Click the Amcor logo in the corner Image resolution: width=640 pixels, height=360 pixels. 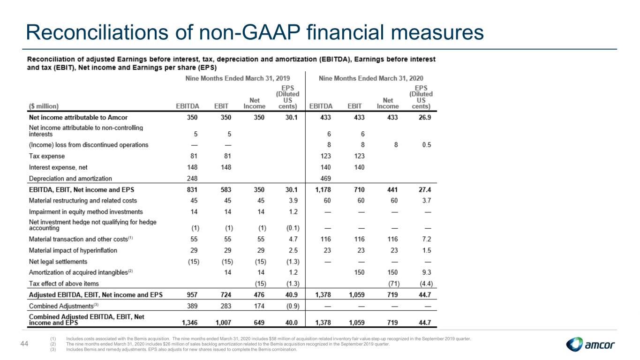tap(590, 345)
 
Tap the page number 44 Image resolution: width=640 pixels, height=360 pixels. tap(24, 344)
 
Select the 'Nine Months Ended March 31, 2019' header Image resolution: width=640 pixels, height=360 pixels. tap(237, 78)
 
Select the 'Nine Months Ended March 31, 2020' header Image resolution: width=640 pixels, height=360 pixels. tap(371, 78)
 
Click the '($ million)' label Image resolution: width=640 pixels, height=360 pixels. tap(44, 106)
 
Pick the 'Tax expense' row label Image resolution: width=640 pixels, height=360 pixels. tap(47, 156)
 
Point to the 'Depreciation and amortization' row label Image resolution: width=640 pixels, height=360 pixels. tap(70, 179)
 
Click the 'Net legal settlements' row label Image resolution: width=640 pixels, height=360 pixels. tap(58, 262)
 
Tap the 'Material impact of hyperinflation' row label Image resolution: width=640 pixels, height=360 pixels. tap(73, 251)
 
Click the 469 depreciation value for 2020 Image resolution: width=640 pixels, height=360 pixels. tap(325, 179)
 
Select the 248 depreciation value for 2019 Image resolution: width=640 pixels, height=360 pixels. tap(192, 179)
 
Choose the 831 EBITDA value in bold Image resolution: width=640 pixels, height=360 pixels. tap(192, 190)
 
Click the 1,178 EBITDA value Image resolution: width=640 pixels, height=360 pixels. tap(323, 190)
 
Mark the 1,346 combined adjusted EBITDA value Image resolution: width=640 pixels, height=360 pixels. tap(190, 322)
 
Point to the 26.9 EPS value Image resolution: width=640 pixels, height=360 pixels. tap(425, 118)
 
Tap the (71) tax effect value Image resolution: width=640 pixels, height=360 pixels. tap(394, 284)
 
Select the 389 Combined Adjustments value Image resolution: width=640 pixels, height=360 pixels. tap(192, 306)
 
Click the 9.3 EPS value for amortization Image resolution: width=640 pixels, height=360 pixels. tap(427, 272)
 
